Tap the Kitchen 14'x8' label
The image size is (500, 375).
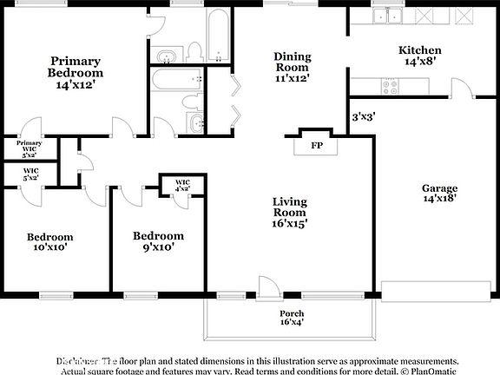coord(419,56)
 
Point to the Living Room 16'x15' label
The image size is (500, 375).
coord(289,212)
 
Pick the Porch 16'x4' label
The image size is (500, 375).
coord(291,319)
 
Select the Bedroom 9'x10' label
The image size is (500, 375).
coord(157,240)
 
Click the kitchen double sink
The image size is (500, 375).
coord(387,16)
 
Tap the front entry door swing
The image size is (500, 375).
coord(268,287)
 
